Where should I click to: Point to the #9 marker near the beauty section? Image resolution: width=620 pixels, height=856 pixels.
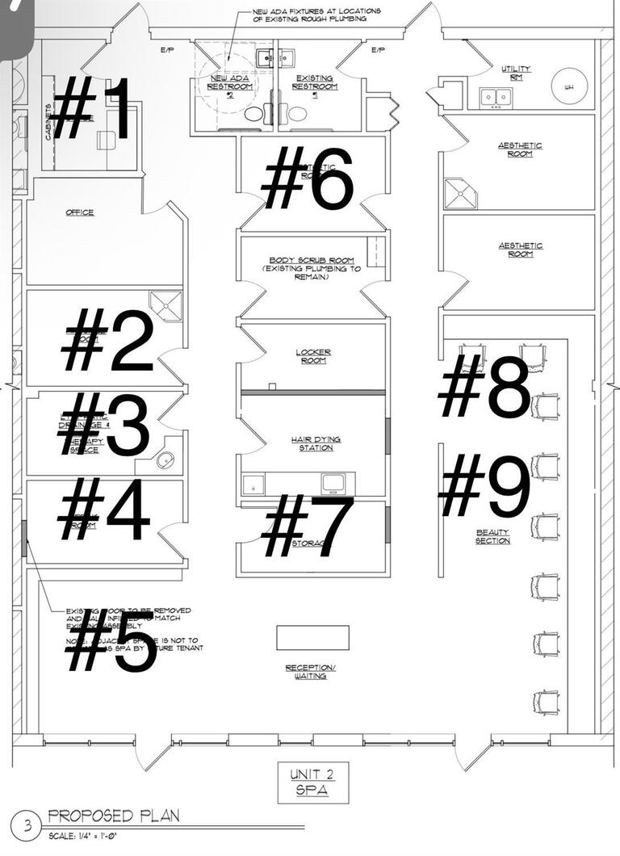(x=485, y=485)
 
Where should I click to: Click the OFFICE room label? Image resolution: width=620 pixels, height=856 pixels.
(x=80, y=213)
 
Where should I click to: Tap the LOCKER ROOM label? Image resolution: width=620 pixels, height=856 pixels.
(x=313, y=356)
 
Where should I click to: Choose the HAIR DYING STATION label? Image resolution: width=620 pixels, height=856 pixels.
(x=316, y=443)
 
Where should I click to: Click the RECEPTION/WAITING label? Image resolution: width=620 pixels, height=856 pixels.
(x=310, y=672)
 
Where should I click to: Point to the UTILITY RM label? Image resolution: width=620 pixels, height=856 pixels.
(x=516, y=73)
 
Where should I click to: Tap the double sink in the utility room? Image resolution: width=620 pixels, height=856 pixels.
(x=495, y=97)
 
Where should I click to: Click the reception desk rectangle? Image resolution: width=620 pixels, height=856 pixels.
(x=312, y=637)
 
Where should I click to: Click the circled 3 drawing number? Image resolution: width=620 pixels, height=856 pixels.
(x=29, y=825)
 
